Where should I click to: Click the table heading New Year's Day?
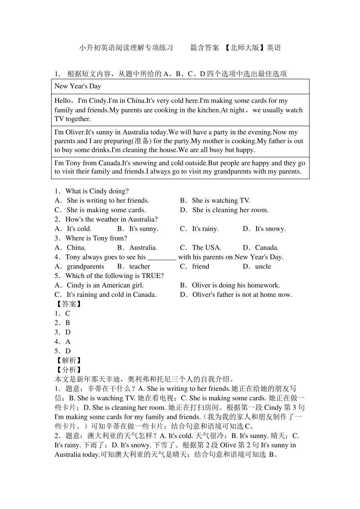78,86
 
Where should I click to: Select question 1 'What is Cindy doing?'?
97,191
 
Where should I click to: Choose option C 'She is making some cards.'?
106,210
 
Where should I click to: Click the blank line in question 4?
162,258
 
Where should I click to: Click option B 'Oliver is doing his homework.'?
235,286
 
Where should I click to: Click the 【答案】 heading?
69,304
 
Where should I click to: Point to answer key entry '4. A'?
63,342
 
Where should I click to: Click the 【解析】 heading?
69,361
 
